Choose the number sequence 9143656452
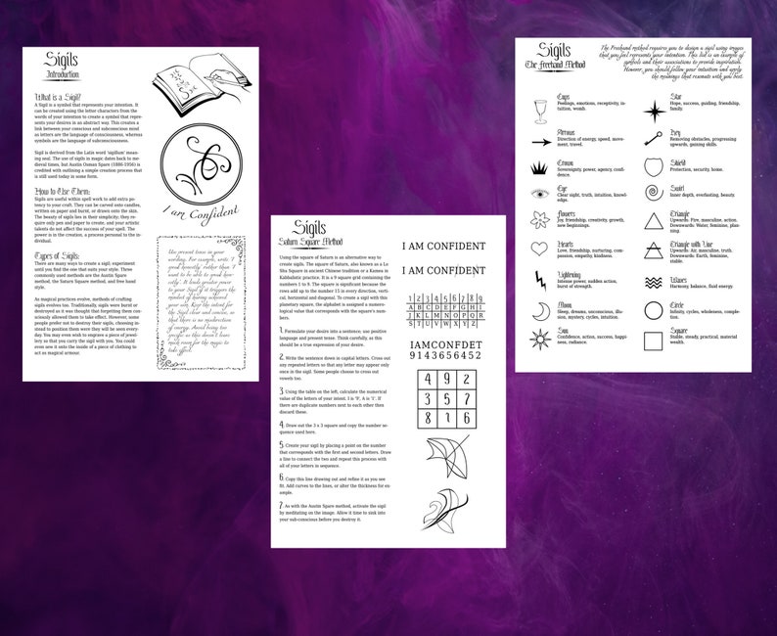tap(444, 355)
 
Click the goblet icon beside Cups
tap(539, 106)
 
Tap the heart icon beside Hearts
tap(539, 248)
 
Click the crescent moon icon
tap(539, 311)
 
